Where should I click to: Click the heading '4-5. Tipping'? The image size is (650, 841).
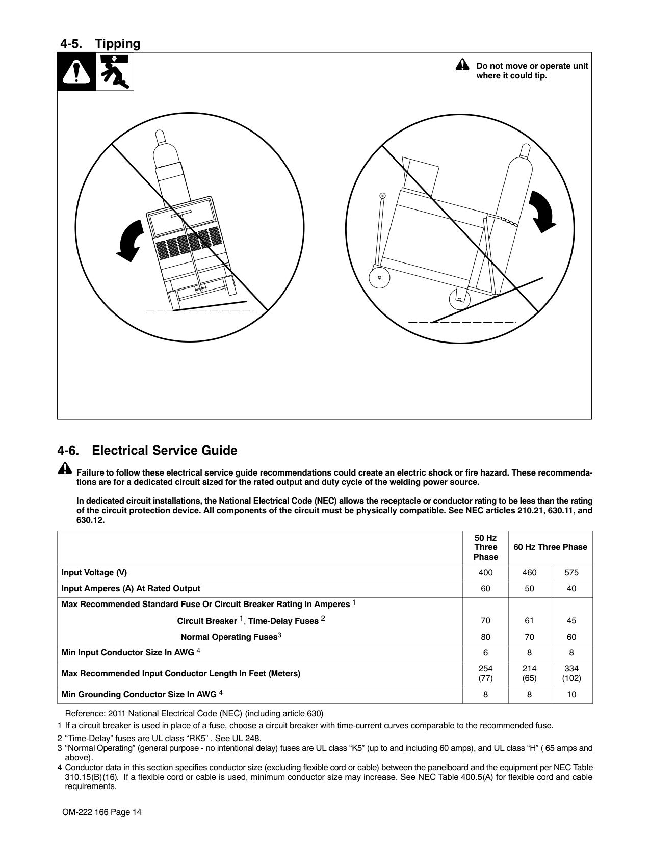100,44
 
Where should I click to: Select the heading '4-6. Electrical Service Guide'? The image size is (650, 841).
147,451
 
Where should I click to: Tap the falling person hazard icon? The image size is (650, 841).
115,72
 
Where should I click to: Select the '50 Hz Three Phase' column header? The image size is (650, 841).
485,547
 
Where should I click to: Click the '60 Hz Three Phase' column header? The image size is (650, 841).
550,547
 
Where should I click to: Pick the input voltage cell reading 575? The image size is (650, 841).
571,573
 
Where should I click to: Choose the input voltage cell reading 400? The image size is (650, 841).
485,573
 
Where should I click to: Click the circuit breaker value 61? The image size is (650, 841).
529,621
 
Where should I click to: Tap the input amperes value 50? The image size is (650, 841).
529,589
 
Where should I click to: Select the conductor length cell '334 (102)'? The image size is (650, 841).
571,673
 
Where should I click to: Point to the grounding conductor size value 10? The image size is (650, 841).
571,695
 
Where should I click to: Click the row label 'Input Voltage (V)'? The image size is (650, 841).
94,573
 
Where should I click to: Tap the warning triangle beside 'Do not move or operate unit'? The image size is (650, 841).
462,65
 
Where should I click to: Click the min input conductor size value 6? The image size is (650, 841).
485,653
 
